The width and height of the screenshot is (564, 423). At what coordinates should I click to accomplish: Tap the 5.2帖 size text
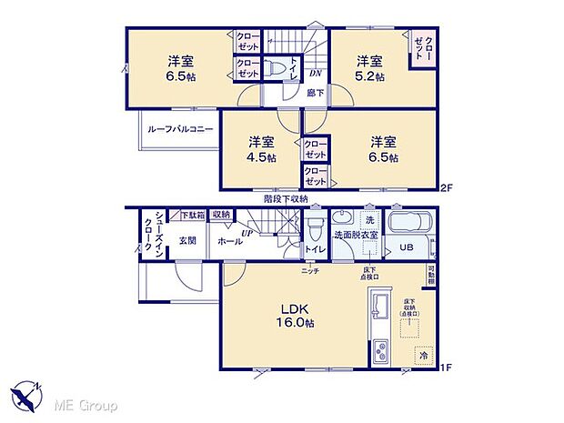pos(369,77)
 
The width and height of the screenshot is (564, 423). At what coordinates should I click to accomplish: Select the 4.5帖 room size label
pos(262,156)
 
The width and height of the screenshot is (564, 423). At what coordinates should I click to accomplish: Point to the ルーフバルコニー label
pos(180,129)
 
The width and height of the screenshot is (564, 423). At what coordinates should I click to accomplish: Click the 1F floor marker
pos(447,368)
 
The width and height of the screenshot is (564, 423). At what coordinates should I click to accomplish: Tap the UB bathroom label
pos(405,247)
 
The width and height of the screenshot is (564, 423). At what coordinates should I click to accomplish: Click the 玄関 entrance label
pos(187,239)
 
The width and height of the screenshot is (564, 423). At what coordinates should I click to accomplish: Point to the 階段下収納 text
pos(286,197)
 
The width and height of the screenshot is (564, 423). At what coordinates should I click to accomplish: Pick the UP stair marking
pos(247,233)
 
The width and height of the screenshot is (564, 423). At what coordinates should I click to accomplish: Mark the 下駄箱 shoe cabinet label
pos(191,216)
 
